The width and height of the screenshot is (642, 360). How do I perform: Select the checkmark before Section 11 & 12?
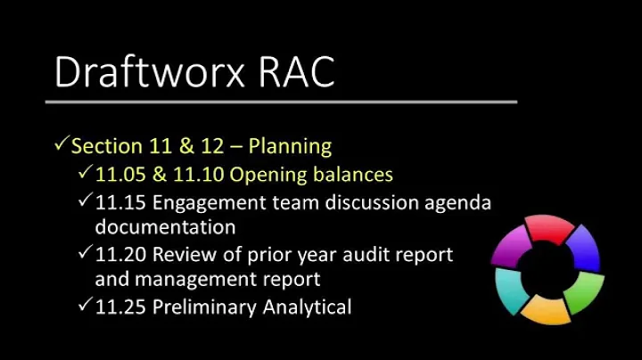62,144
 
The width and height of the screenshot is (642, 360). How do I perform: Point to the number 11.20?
120,255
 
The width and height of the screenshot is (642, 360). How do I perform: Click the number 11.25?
120,307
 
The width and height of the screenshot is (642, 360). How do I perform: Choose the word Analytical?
308,307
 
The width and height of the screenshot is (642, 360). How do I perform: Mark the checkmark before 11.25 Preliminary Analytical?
85,307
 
